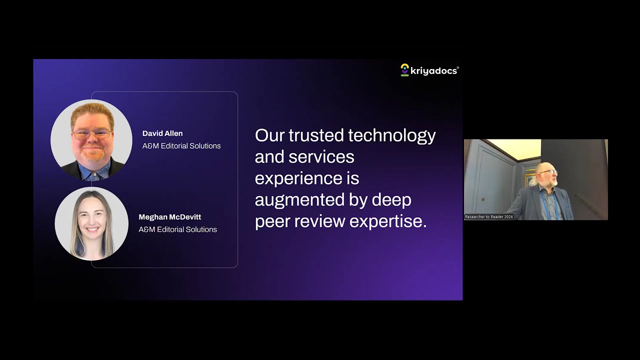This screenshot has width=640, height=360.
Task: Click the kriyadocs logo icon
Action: pyautogui.click(x=405, y=70)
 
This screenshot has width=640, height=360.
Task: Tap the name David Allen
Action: pyautogui.click(x=162, y=133)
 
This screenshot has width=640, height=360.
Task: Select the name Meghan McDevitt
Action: pyautogui.click(x=169, y=217)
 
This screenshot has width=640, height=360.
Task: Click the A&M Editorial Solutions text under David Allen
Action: pyautogui.click(x=181, y=146)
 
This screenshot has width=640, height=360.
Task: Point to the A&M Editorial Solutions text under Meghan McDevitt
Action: pyautogui.click(x=177, y=229)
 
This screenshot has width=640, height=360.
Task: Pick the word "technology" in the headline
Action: pyautogui.click(x=391, y=135)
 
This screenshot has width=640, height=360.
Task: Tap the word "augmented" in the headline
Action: pyautogui.click(x=311, y=200)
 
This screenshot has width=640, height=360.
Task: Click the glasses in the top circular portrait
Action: pyautogui.click(x=91, y=134)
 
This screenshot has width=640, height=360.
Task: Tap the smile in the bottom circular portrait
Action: pyautogui.click(x=91, y=230)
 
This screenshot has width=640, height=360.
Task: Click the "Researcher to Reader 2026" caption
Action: pyautogui.click(x=489, y=217)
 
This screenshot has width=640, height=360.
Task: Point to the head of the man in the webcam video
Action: pyautogui.click(x=546, y=175)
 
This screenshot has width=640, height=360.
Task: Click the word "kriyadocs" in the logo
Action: pyautogui.click(x=433, y=71)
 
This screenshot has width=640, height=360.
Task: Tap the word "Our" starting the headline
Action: pyautogui.click(x=269, y=135)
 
